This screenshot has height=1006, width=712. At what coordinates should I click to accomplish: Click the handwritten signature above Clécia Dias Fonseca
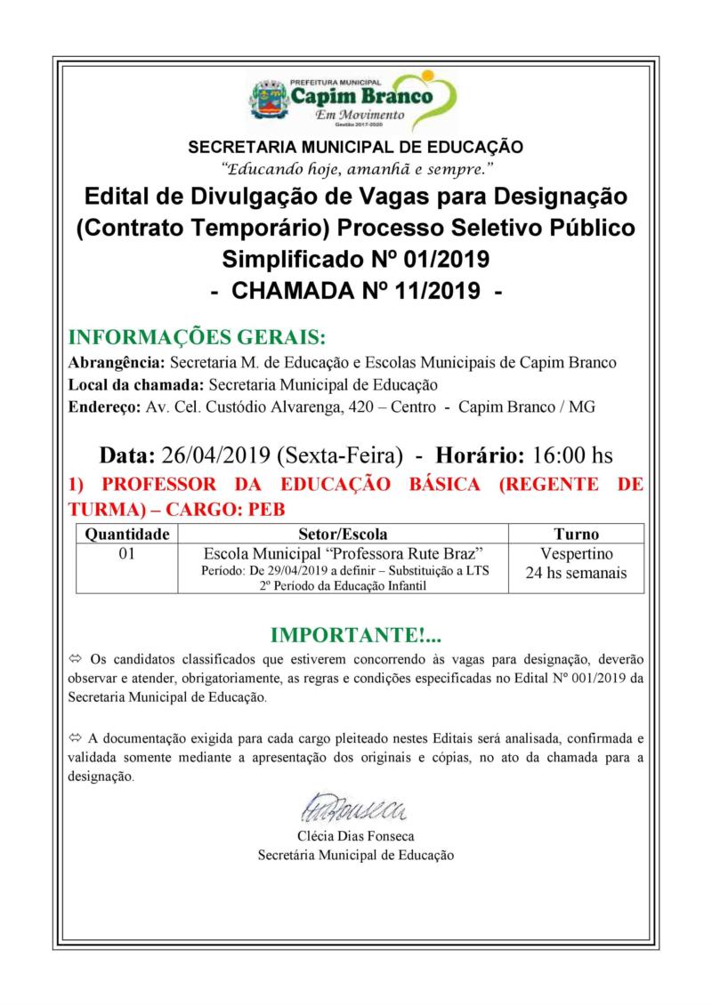pos(353,809)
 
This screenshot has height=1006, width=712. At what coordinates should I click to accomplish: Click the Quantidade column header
pos(126,534)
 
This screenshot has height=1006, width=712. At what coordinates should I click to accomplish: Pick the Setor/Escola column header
pos(343,534)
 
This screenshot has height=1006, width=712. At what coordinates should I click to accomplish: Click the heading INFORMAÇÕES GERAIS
pos(197,338)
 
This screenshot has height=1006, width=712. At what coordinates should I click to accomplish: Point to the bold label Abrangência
pos(116,363)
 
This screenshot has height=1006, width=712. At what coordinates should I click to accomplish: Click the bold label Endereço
pos(102,406)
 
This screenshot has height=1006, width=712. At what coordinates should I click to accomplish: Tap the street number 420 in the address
pos(359,406)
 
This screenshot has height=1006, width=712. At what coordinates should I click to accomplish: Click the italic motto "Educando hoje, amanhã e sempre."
pos(356,167)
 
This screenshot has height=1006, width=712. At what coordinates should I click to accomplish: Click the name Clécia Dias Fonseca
pos(355,836)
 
